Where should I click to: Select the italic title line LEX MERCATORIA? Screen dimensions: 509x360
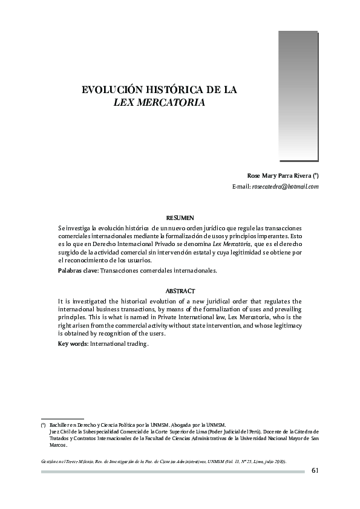(160, 102)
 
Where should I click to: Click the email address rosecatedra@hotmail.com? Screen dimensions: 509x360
(285, 187)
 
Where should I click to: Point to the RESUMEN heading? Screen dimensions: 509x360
(180, 217)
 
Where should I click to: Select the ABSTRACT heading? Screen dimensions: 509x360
(180, 291)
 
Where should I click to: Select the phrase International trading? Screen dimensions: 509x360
(120, 343)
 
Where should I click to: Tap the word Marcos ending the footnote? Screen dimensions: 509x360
(59, 444)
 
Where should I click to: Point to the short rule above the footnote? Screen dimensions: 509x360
(62, 418)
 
